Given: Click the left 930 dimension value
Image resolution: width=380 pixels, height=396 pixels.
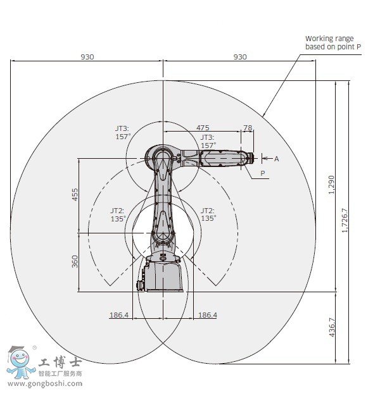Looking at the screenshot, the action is [87, 57].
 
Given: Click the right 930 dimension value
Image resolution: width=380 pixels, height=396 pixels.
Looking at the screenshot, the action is [240, 57].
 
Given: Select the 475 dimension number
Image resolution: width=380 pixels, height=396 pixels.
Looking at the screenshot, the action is [203, 128].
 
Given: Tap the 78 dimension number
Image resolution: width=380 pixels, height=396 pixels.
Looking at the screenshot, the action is [248, 128].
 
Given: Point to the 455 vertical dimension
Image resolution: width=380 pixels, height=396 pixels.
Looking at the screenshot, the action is [75, 194].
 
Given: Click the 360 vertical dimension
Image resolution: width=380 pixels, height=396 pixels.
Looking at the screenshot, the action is [75, 261].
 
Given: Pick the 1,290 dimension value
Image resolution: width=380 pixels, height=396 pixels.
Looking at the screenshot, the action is [331, 185].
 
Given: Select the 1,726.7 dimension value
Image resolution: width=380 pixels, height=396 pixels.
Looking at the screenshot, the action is [345, 220].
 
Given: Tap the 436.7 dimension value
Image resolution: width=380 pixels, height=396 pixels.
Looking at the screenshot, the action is [332, 327].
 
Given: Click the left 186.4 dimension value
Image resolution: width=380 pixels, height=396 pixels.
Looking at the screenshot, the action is [119, 315].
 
